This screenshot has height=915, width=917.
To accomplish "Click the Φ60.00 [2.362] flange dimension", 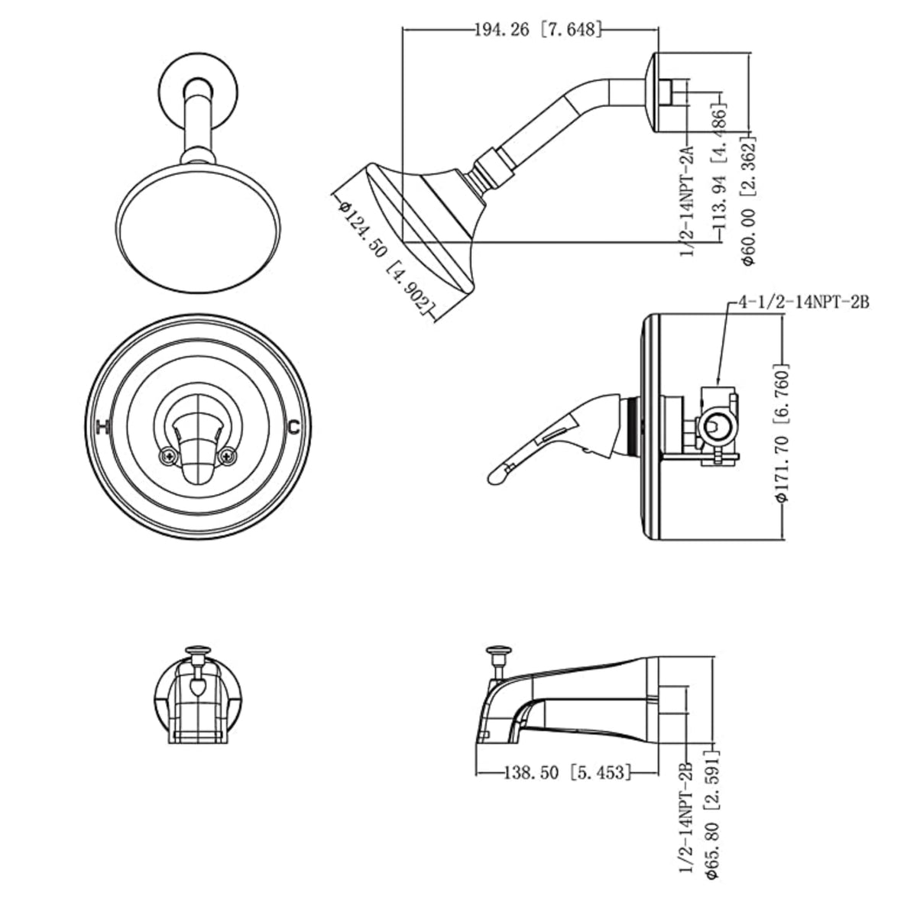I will (749, 200).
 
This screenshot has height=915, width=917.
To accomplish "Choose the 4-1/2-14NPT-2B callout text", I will (803, 302).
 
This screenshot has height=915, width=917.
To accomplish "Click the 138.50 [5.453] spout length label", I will (567, 773).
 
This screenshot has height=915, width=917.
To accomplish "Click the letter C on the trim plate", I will (293, 427).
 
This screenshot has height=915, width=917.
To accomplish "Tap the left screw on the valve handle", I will (167, 457).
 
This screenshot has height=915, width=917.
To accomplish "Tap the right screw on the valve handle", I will (226, 457).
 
